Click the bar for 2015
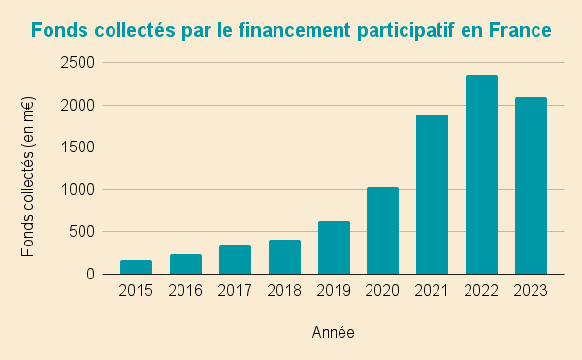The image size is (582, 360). pos(136,267)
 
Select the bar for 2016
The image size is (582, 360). pos(185,264)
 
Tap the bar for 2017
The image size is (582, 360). pos(235,260)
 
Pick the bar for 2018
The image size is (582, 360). pos(284,257)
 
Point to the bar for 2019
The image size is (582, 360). pos(334,247)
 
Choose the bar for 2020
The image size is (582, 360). pos(383,231)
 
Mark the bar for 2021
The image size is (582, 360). pos(433,194)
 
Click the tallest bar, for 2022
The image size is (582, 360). pos(482,175)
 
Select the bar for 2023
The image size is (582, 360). pos(532,185)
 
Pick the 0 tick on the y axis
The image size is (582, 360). pos(90,275)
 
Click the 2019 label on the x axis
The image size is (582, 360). pos(334,290)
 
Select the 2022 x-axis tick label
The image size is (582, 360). pos(482,290)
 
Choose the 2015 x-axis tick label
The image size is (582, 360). pos(136,290)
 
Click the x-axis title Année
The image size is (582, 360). pos(333,333)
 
